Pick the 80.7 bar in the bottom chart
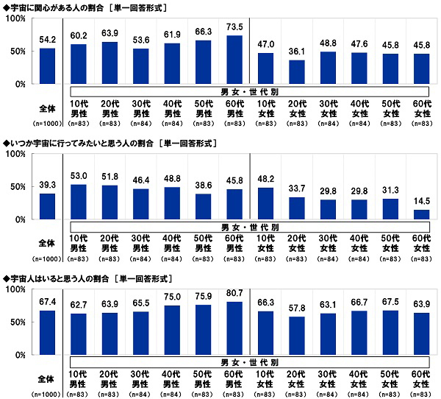(235, 328)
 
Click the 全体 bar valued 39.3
(48, 207)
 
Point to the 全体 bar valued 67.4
(48, 333)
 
